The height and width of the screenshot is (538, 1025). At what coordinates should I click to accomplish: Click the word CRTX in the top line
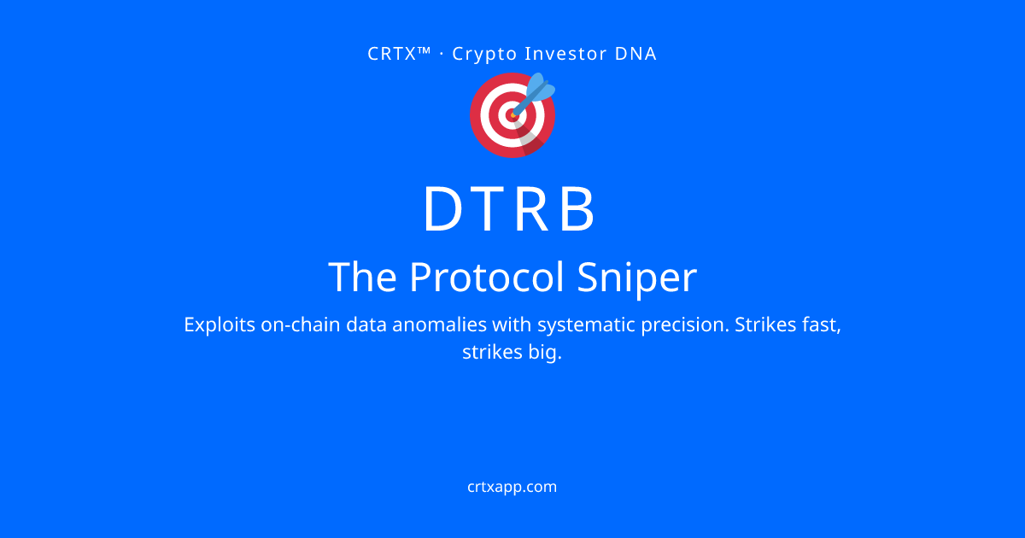pyautogui.click(x=392, y=54)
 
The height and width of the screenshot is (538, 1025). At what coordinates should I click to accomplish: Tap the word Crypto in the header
pyautogui.click(x=484, y=55)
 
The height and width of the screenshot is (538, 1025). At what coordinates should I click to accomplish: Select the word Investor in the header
pyautogui.click(x=565, y=54)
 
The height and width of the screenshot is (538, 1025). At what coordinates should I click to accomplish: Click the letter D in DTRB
pyautogui.click(x=443, y=208)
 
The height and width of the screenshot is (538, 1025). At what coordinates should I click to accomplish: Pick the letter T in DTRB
pyautogui.click(x=488, y=208)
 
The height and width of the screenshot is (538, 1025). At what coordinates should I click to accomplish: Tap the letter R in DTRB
pyautogui.click(x=531, y=208)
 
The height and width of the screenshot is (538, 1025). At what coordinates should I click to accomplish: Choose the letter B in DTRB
pyautogui.click(x=577, y=208)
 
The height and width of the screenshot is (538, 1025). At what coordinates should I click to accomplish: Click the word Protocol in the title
pyautogui.click(x=486, y=278)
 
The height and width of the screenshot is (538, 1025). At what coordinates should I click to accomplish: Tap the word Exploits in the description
pyautogui.click(x=220, y=325)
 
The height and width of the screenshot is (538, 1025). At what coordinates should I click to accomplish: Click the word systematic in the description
pyautogui.click(x=586, y=325)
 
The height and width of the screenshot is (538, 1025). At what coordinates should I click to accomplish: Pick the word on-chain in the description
pyautogui.click(x=300, y=325)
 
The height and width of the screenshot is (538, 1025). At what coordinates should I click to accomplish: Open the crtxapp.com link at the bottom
pyautogui.click(x=512, y=487)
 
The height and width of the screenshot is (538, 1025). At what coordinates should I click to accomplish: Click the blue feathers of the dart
pyautogui.click(x=541, y=87)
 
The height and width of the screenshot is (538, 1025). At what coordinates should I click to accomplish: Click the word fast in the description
pyautogui.click(x=822, y=325)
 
